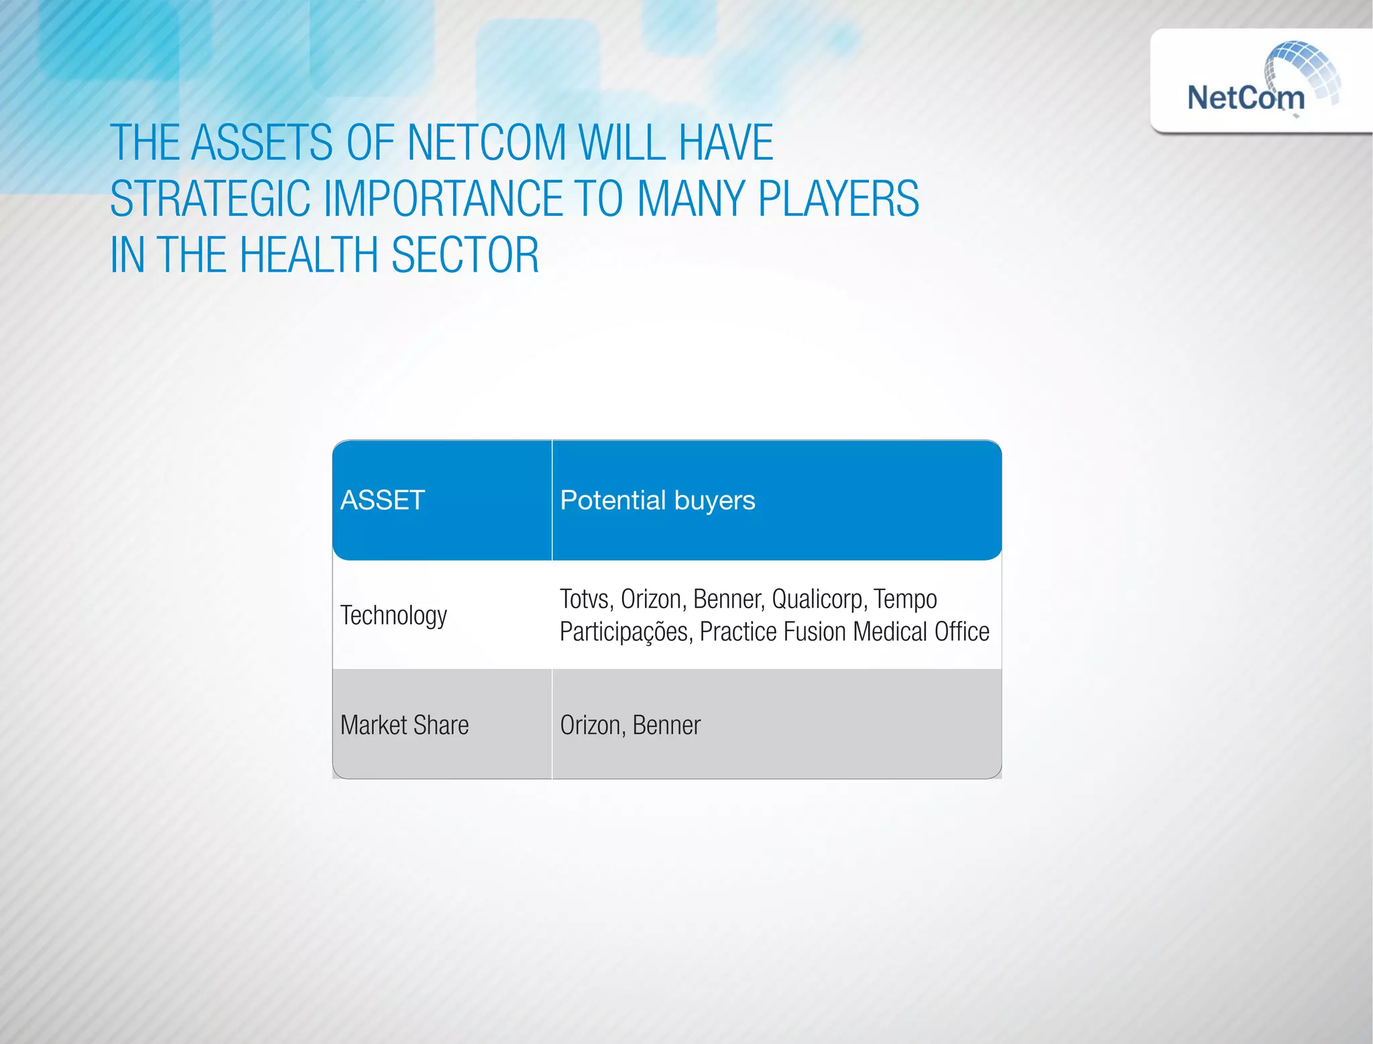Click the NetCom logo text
[x=1246, y=98]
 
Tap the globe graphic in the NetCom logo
[x=1304, y=70]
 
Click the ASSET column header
[x=382, y=500]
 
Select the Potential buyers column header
[x=657, y=500]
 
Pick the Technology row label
[x=394, y=615]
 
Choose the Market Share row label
[x=404, y=725]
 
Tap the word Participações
[x=624, y=632]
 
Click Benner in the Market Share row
[x=666, y=725]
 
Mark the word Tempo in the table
[x=905, y=599]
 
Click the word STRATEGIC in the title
[x=210, y=198]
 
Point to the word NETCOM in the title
[x=487, y=142]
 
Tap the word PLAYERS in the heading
[x=838, y=198]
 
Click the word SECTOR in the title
[x=465, y=255]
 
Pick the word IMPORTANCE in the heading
[x=443, y=198]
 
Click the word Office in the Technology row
[x=961, y=632]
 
